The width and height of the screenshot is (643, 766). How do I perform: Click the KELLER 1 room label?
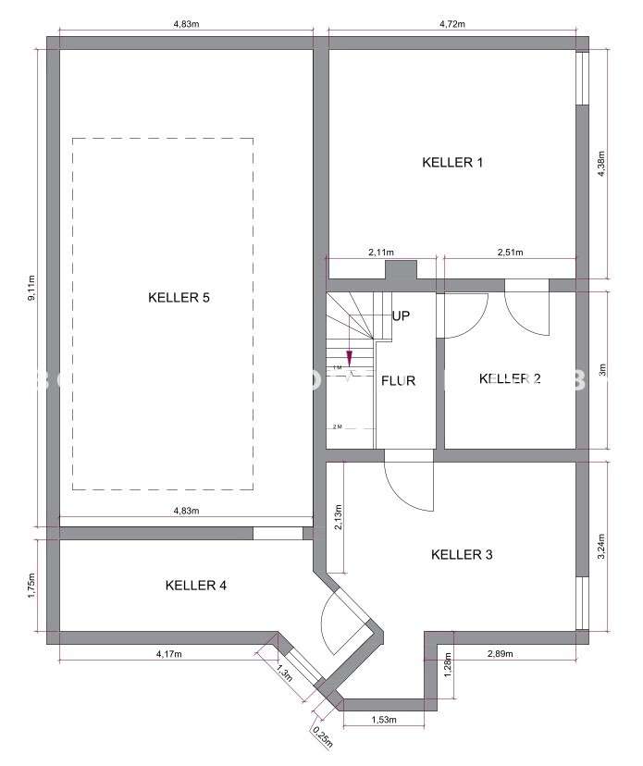[x=452, y=163]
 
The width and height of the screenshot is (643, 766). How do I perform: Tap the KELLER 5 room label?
[x=179, y=297]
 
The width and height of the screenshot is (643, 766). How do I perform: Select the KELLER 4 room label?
[x=196, y=585]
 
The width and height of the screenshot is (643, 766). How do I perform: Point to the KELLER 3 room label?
[x=462, y=555]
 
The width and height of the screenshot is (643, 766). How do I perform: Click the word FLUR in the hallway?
[x=398, y=380]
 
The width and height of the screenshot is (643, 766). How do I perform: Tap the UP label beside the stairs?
[x=401, y=315]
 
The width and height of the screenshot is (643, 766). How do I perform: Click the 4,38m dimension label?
[x=602, y=164]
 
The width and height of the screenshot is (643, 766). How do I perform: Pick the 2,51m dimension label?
[x=510, y=252]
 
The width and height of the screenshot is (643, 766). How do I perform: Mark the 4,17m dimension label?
[x=167, y=654]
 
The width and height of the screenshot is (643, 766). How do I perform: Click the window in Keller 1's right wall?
[x=581, y=78]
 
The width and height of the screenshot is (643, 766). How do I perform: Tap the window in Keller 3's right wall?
[x=581, y=603]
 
